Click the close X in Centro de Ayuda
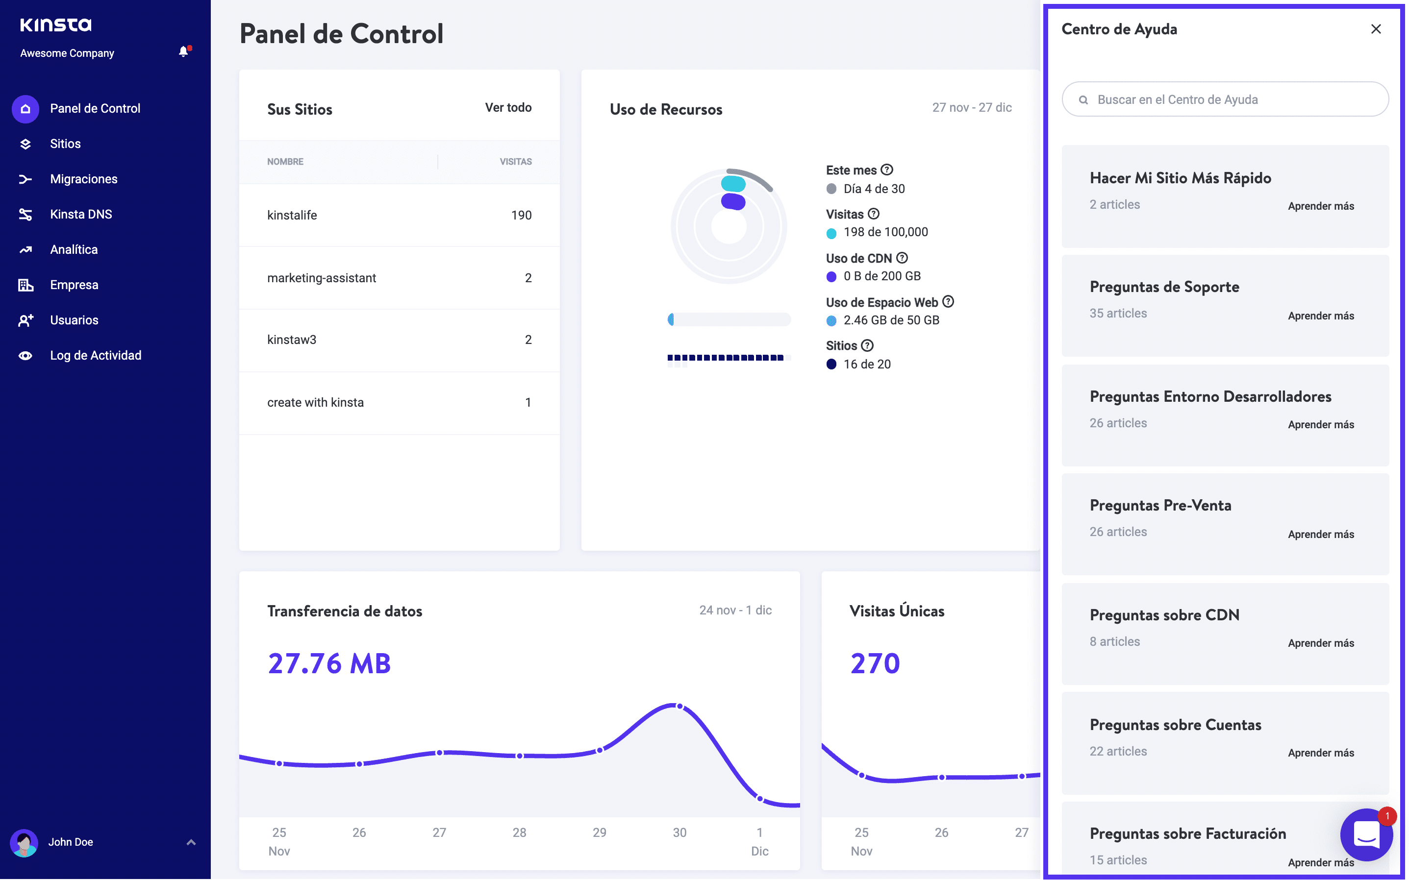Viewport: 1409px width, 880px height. click(1375, 29)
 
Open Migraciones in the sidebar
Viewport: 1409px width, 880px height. click(83, 179)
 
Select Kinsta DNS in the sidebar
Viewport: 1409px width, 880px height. click(81, 214)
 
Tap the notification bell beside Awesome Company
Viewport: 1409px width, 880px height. click(183, 52)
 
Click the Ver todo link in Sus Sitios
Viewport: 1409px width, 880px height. click(508, 108)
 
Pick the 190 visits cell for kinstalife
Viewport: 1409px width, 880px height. click(521, 215)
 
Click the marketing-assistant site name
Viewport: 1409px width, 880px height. click(322, 278)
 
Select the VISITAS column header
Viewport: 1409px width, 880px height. click(515, 162)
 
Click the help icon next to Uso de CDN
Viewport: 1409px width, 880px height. click(902, 258)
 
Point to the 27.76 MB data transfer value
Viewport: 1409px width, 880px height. click(329, 663)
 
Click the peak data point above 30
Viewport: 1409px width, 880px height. click(679, 706)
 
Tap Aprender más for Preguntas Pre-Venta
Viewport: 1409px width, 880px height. click(1320, 534)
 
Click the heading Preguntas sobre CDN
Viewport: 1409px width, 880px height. click(1164, 615)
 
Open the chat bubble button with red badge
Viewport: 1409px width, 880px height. click(1366, 835)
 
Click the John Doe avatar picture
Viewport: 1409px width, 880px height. click(25, 842)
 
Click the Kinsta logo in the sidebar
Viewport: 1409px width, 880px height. click(56, 25)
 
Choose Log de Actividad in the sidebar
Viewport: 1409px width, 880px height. click(96, 356)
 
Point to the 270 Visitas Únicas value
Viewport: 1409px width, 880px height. click(875, 663)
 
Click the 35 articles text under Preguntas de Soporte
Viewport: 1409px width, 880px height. click(1118, 314)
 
